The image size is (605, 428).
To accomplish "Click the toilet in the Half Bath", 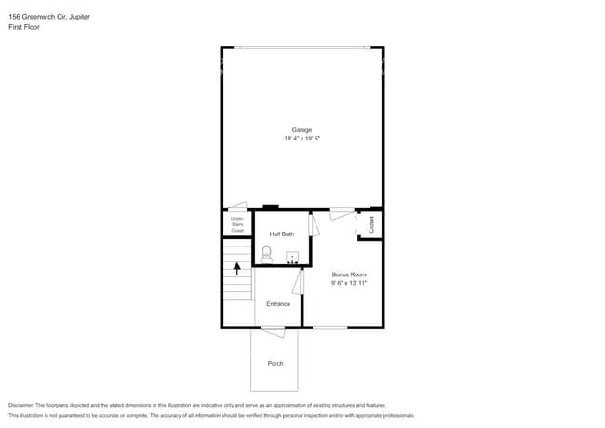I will [266, 252].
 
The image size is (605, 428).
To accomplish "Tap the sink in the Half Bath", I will [292, 258].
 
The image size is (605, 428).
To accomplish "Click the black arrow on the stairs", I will [237, 269].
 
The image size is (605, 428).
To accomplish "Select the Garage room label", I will [302, 129].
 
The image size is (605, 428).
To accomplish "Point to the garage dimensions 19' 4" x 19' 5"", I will [302, 138].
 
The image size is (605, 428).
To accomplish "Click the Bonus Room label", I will [349, 274].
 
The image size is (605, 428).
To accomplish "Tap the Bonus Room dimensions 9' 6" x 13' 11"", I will [349, 283].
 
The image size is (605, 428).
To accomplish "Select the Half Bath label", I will [281, 234].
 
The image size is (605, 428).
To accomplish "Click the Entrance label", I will [277, 303].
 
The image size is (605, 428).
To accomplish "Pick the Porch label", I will [275, 363].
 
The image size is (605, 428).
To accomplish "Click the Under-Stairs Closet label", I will [236, 224].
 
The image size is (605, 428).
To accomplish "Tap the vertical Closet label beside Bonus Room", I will [370, 224].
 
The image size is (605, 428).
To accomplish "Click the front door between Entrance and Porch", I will [273, 330].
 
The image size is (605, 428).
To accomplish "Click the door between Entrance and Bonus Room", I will [297, 282].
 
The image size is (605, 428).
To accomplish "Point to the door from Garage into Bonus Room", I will [342, 213].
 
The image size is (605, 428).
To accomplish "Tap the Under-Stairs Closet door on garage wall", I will [237, 207].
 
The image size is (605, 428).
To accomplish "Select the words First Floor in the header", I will [24, 27].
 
